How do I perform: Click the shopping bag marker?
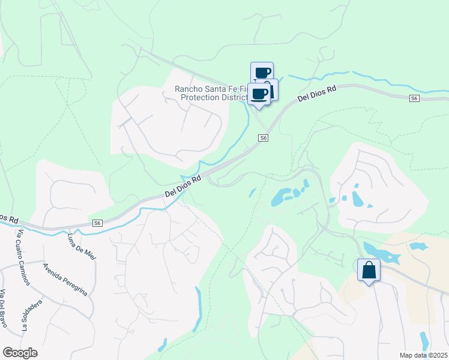pyautogui.click(x=369, y=270)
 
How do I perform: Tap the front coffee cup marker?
pyautogui.click(x=259, y=95)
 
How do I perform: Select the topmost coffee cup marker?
pyautogui.click(x=262, y=73)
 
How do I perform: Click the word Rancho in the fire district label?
pyautogui.click(x=188, y=89)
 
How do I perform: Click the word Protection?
pyautogui.click(x=202, y=97)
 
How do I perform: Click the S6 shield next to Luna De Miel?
pyautogui.click(x=97, y=223)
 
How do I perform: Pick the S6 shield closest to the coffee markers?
pyautogui.click(x=263, y=138)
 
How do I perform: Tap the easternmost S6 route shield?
pyautogui.click(x=414, y=98)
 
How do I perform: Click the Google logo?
pyautogui.click(x=20, y=353)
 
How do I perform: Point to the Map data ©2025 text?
pyautogui.click(x=423, y=355)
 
